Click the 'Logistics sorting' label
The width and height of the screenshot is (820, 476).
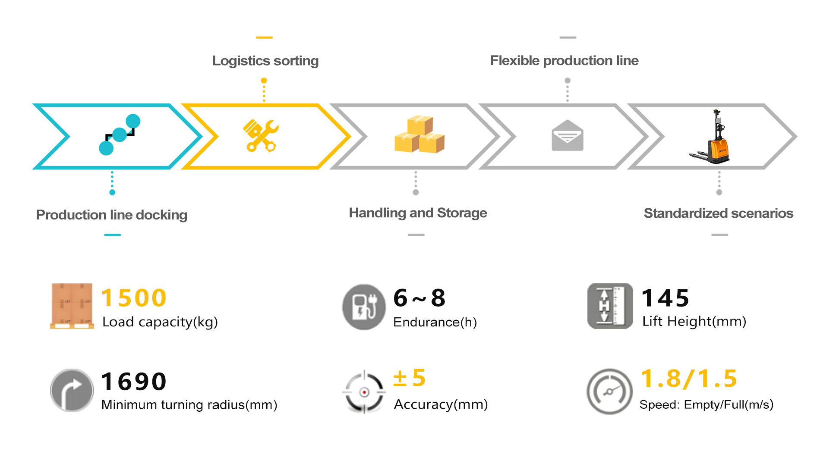pos(265,61)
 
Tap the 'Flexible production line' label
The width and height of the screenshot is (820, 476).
pos(564,60)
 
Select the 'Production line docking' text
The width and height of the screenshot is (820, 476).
pos(111,215)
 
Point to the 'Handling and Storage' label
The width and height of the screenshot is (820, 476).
pos(418,213)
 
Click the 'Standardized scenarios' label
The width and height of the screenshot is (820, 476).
pos(718,213)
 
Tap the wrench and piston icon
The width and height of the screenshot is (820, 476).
pos(261,135)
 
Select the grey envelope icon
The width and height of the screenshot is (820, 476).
pos(567,136)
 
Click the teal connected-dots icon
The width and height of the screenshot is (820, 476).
pos(120,135)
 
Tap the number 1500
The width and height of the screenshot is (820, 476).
pos(134,298)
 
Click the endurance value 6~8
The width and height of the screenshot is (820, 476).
pos(419,298)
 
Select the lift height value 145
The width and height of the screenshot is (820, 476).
pos(665,298)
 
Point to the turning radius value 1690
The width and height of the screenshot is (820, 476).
pos(134,382)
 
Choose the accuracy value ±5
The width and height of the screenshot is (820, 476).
pos(409,378)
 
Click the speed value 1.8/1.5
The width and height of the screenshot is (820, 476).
pos(689,379)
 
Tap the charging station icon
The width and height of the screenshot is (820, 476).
pos(363,307)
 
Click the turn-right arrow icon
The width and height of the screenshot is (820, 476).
pos(72,390)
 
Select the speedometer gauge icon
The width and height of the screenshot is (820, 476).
pos(609,391)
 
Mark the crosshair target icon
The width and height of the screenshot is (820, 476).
pos(364,392)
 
